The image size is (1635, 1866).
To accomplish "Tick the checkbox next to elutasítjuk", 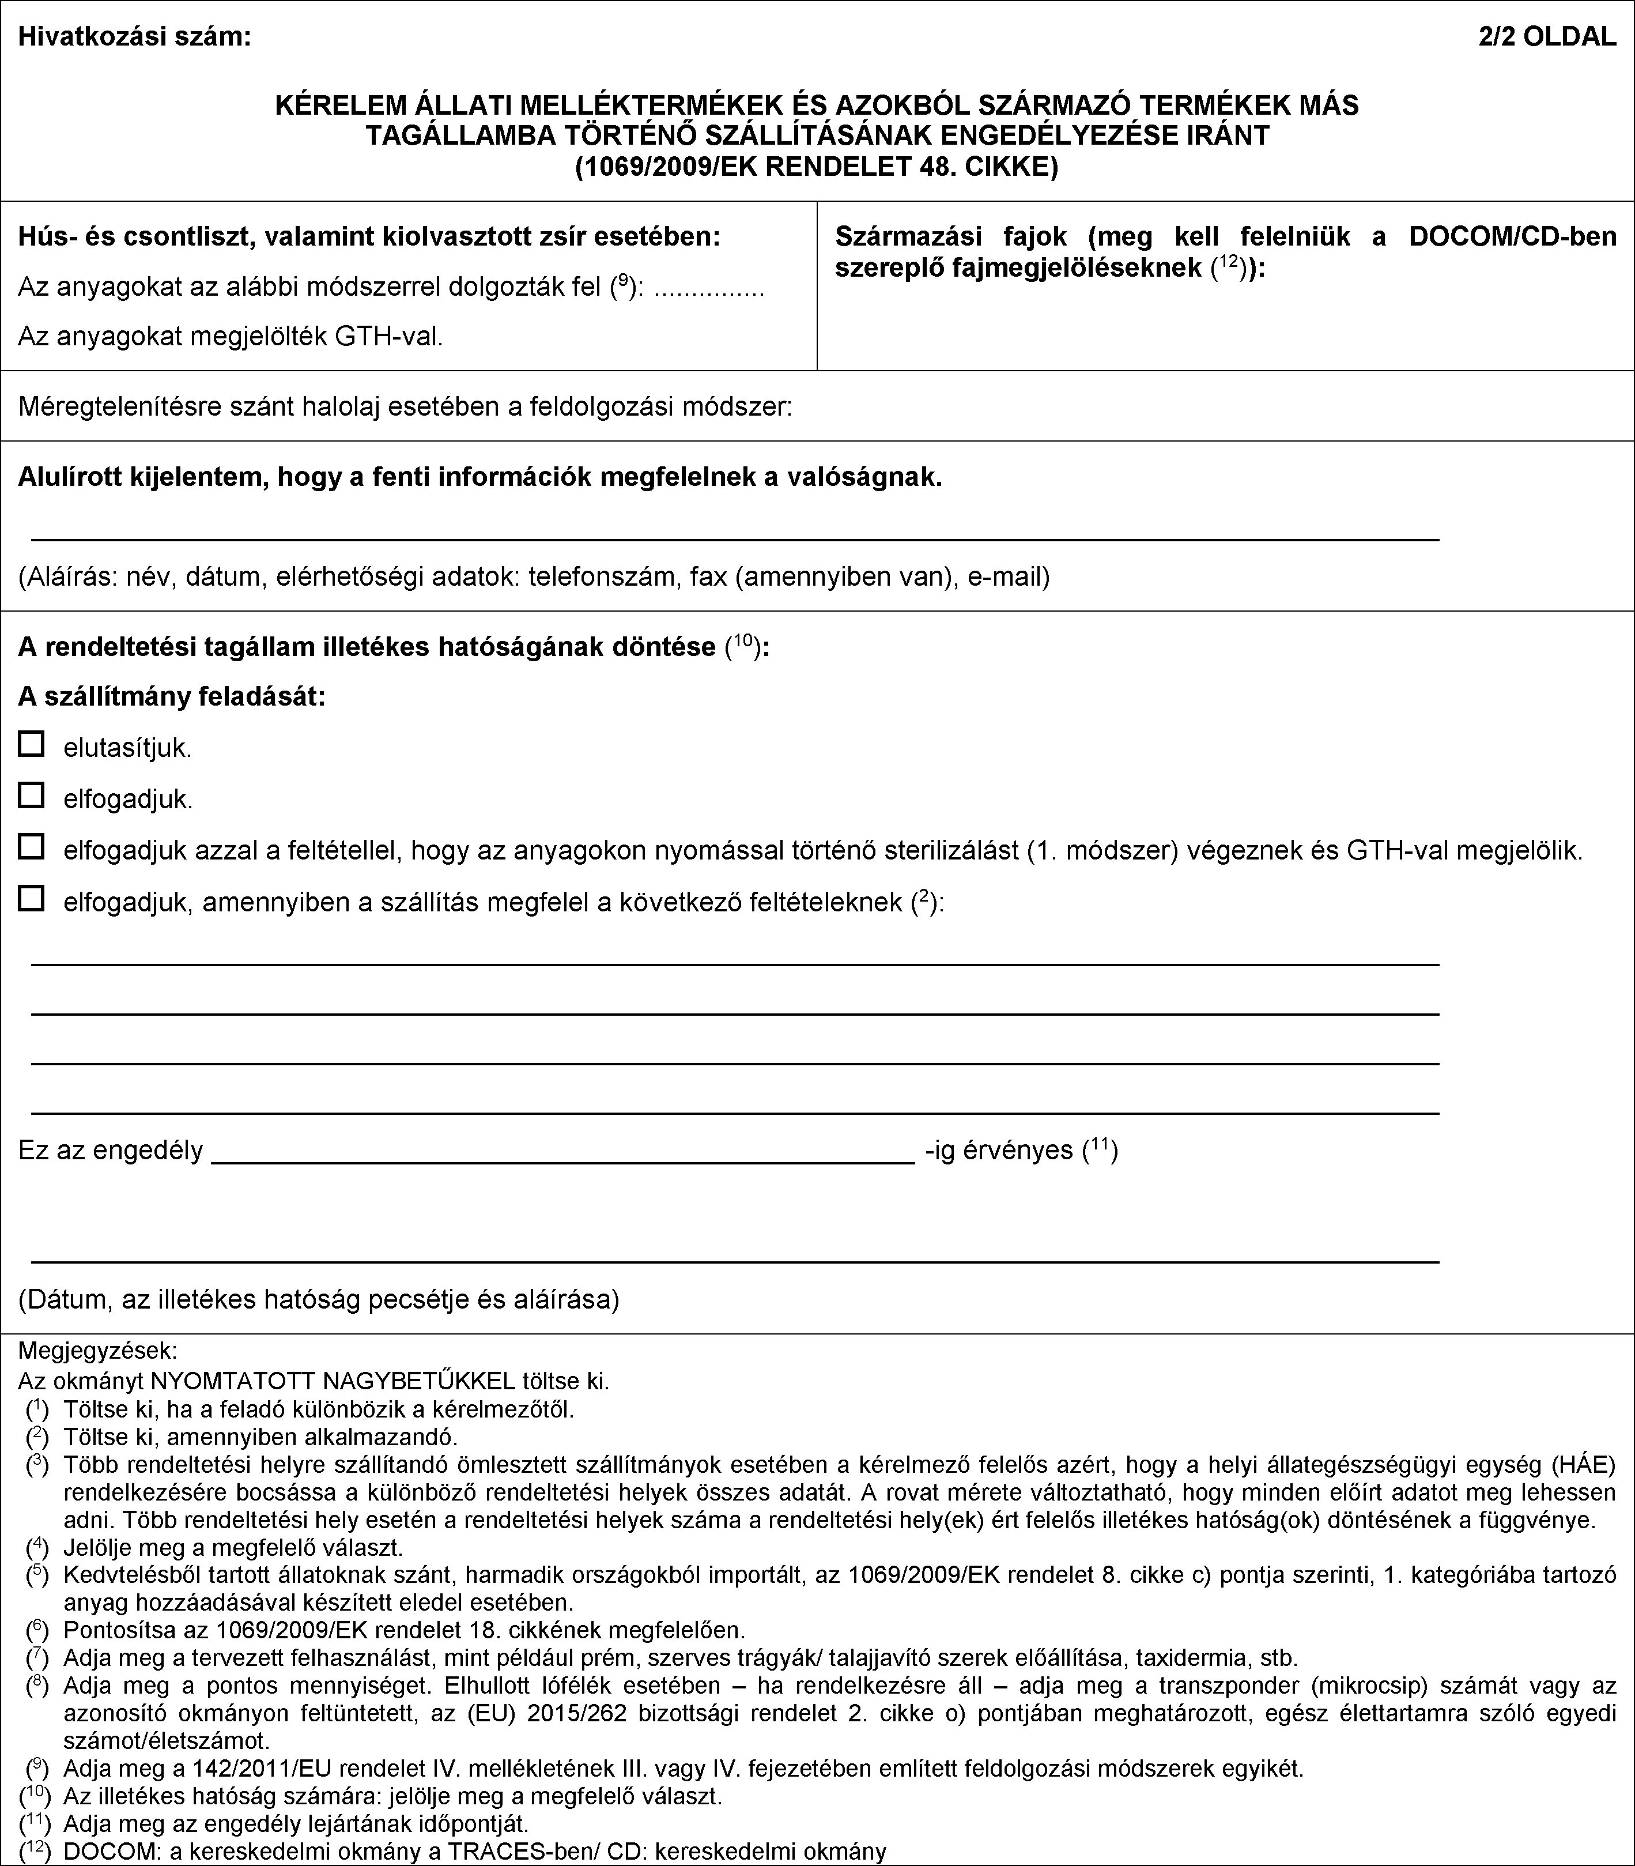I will pos(31,744).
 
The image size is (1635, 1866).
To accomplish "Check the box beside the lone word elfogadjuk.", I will pos(31,795).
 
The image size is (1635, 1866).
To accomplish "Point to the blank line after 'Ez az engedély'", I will pos(562,1160).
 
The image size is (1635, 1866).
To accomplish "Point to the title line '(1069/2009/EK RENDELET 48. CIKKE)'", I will pos(817,167).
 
